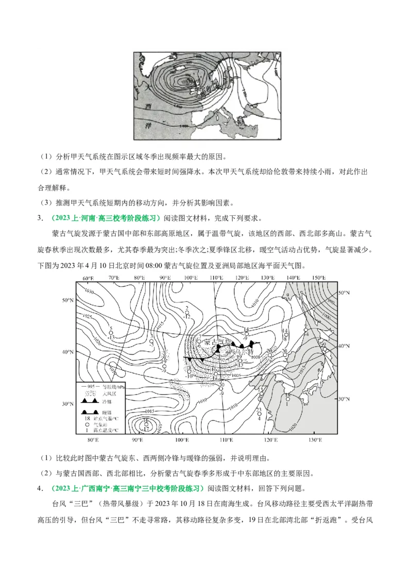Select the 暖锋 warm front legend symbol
click(x=89, y=412)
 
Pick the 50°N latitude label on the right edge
click(x=344, y=292)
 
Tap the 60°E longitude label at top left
click(x=88, y=278)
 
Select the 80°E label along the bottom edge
click(x=93, y=440)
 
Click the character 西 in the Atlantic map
click(x=148, y=107)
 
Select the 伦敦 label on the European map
click(x=204, y=90)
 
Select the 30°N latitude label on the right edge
click(x=344, y=399)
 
